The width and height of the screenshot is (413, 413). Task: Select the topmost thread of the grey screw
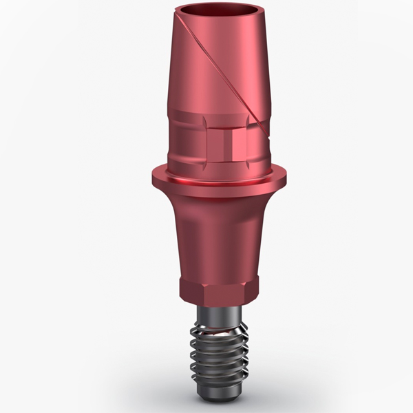click(206, 326)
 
